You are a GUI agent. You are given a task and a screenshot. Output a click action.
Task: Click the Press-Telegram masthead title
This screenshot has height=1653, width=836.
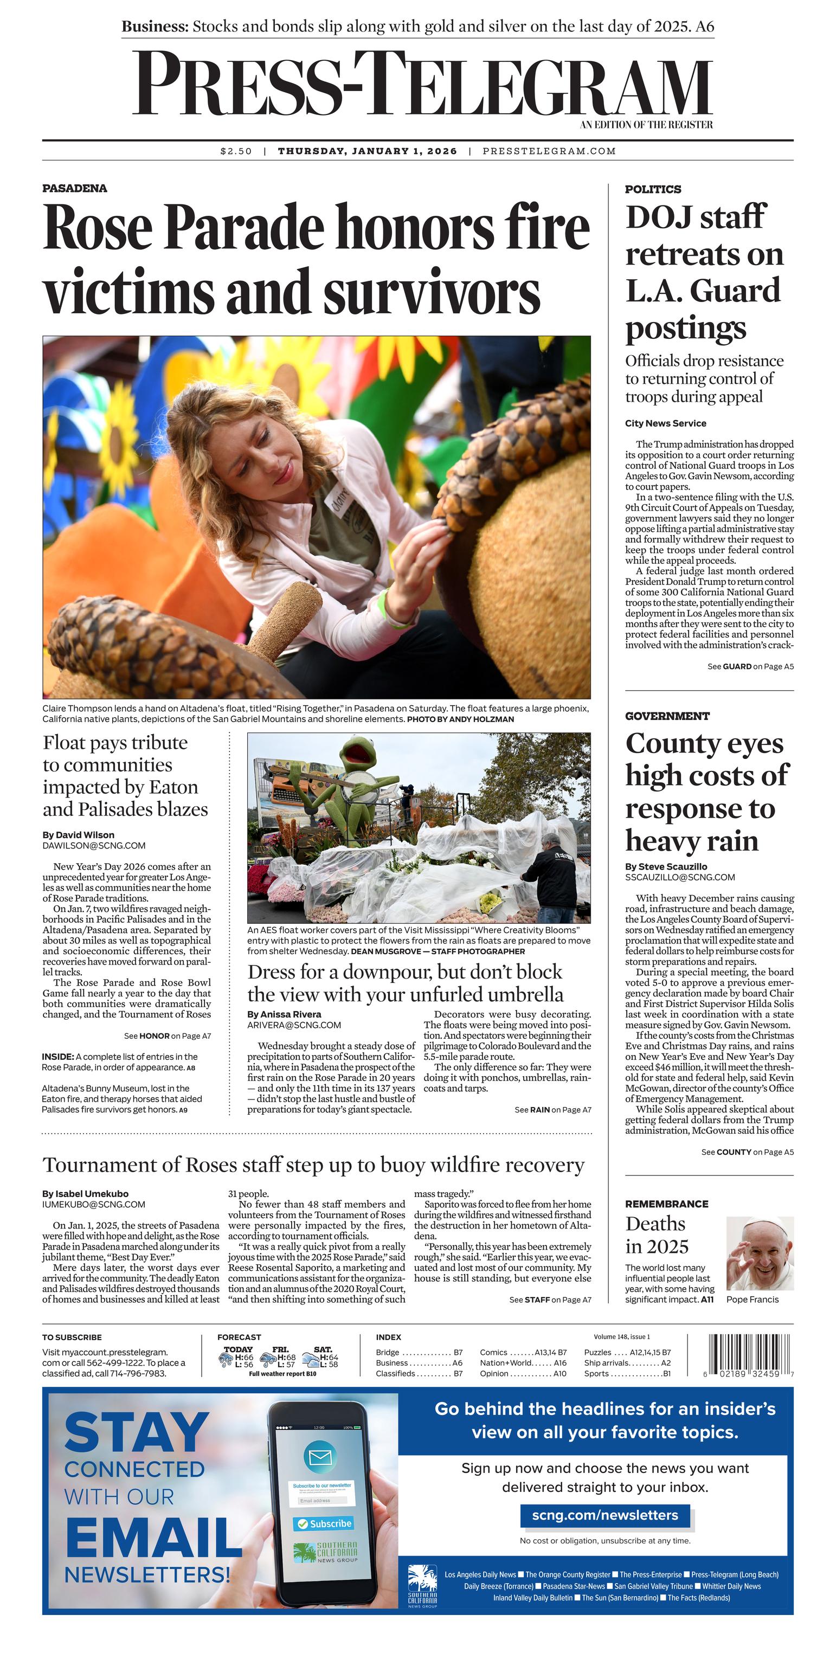click(422, 84)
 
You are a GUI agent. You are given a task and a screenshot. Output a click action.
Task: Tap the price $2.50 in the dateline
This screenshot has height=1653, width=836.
click(235, 151)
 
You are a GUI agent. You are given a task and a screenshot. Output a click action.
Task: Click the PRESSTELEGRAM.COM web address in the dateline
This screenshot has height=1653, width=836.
click(549, 151)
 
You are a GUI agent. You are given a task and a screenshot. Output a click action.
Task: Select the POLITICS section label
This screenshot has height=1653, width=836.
click(653, 189)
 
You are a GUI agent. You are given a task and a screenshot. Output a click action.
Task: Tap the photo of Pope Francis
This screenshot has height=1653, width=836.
click(760, 1253)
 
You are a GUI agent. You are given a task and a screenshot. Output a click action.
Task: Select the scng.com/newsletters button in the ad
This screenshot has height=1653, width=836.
click(605, 1515)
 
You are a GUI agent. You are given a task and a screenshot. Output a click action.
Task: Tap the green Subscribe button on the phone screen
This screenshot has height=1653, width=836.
click(324, 1523)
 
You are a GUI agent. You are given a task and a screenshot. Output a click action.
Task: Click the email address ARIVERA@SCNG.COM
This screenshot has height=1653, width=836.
click(294, 1025)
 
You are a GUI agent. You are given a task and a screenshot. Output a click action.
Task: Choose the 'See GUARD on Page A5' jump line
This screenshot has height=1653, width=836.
click(750, 667)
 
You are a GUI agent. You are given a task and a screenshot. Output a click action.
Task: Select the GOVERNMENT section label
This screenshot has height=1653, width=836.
click(667, 716)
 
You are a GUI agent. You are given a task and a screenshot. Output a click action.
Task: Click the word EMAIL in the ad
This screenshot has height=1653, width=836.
click(153, 1538)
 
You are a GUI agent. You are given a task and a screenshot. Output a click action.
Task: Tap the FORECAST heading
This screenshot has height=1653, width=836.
click(239, 1337)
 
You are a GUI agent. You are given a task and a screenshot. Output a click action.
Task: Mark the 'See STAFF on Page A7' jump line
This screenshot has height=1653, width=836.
click(550, 1300)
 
